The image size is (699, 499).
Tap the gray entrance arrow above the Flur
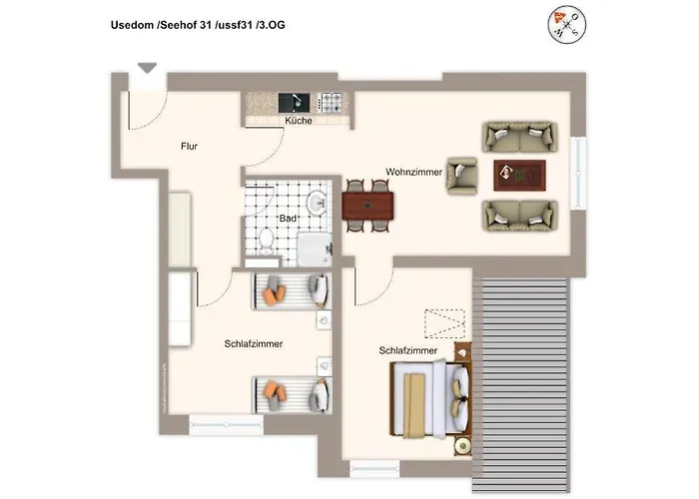pos(147,68)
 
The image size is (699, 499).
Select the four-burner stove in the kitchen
pos(331,101)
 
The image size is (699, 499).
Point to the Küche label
pos(298,121)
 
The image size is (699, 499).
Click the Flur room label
pos(189,146)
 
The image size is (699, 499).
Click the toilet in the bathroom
pos(266,239)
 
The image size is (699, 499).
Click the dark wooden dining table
pos(367,206)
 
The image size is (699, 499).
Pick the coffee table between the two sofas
pos(519,174)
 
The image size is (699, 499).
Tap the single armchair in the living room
pos(463,175)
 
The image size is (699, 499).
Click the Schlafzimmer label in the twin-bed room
pos(253,343)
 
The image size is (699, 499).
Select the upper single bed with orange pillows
pos(291,289)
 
